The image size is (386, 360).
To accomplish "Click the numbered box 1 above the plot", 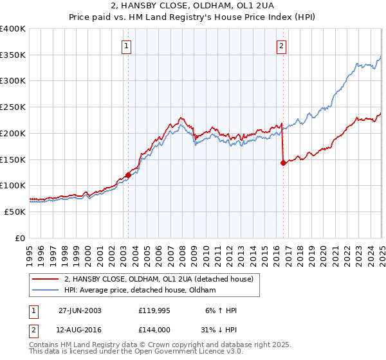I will click(x=127, y=46).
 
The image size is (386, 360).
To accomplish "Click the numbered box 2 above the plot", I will click(x=282, y=46).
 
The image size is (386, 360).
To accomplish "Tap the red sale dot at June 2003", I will click(x=128, y=174).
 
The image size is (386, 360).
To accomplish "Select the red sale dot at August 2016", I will click(x=283, y=163).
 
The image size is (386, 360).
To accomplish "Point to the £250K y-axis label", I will click(x=13, y=107).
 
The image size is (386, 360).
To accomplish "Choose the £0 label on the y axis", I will click(x=19, y=238).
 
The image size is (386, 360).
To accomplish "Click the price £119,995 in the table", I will click(x=153, y=310).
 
